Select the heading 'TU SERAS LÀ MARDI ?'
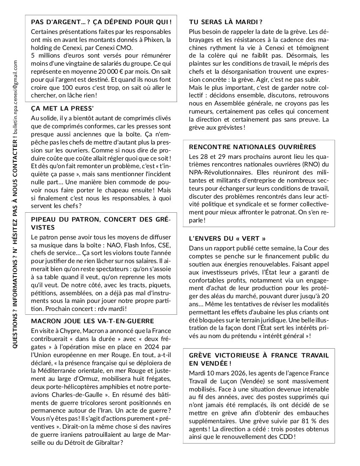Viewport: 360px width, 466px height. coord(226,22)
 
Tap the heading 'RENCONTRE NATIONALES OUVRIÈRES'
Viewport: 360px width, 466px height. coord(252,147)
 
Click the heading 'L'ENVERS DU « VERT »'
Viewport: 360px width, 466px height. coord(227,239)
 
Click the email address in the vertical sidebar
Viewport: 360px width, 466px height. coord(15,95)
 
